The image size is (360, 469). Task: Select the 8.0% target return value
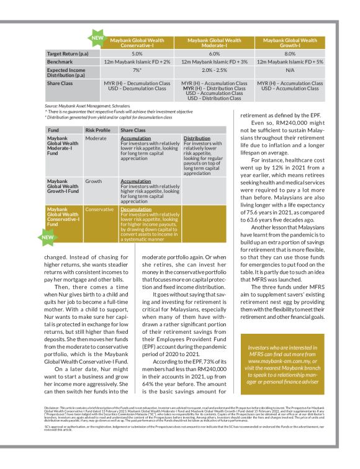tap(292, 55)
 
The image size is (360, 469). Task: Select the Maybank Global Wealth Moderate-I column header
tap(215, 42)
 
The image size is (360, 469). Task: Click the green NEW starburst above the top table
tap(97, 37)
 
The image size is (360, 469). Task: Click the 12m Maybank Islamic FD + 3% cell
tap(215, 63)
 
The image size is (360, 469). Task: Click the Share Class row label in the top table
tap(61, 84)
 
